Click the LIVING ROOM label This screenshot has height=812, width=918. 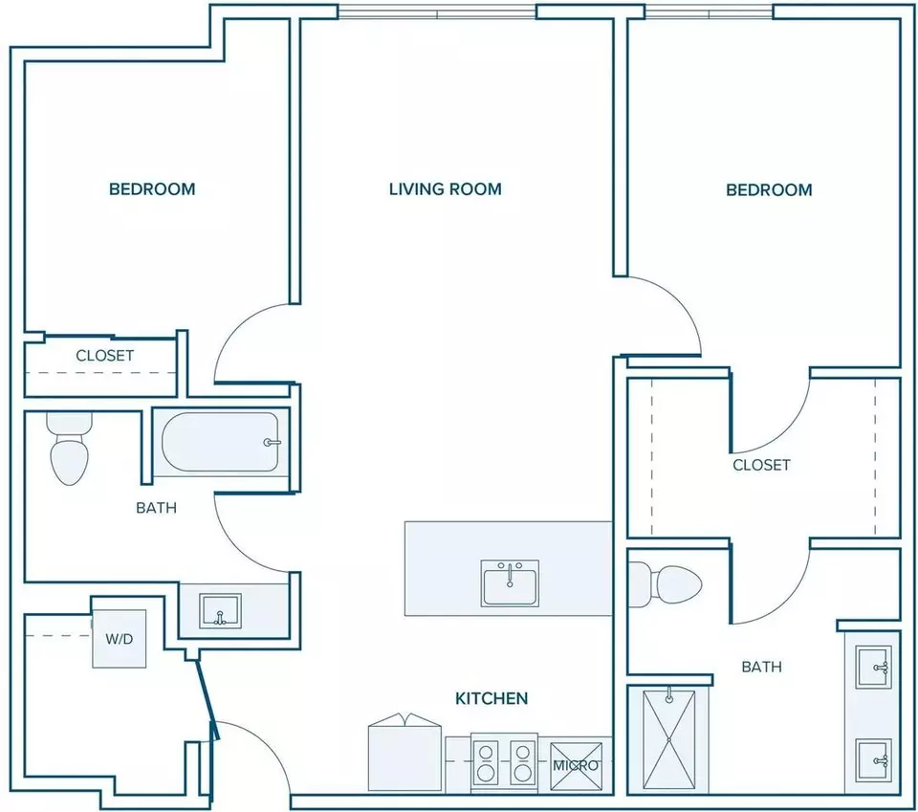click(x=445, y=189)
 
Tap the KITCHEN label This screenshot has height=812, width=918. click(x=492, y=698)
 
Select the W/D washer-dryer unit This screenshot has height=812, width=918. click(x=120, y=639)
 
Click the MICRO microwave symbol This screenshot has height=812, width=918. click(x=576, y=766)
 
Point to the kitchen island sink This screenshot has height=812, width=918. click(x=510, y=583)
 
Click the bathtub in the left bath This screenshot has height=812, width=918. click(x=220, y=442)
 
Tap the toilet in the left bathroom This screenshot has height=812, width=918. click(x=70, y=449)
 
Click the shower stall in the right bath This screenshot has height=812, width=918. click(x=668, y=741)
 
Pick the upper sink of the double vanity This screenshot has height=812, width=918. click(x=873, y=667)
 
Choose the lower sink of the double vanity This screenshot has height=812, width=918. click(x=873, y=760)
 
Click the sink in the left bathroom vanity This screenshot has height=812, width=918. click(x=220, y=611)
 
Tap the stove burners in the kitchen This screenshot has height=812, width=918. click(x=505, y=761)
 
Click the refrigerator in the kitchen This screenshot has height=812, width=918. click(x=404, y=753)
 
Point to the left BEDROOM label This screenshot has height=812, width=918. click(x=152, y=189)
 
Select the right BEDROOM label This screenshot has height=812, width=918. click(x=769, y=189)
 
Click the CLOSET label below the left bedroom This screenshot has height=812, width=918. click(x=105, y=356)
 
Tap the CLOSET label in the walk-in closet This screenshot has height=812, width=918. click(x=762, y=465)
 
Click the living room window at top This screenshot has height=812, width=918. click(x=437, y=11)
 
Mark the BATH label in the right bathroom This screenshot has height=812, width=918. click(x=762, y=667)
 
